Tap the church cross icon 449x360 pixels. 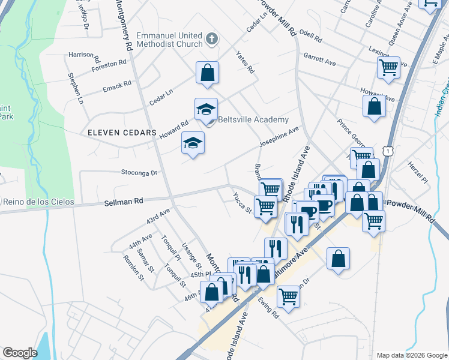click(211, 40)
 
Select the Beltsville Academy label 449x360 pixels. click(253, 120)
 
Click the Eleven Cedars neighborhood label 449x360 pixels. click(113, 132)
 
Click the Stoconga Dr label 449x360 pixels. click(138, 173)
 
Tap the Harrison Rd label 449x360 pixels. click(84, 56)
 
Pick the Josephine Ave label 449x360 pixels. click(279, 137)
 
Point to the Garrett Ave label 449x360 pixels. click(319, 59)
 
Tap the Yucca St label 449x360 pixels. click(242, 205)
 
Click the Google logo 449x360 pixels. click(20, 353)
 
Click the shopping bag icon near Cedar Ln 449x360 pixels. click(207, 73)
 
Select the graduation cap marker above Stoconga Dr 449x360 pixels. click(193, 143)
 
